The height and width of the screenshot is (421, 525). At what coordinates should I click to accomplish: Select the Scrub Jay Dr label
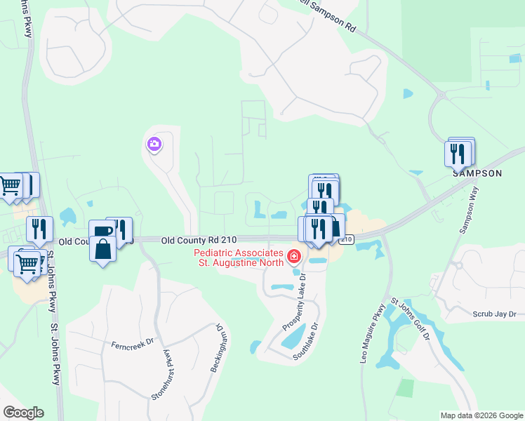[499, 314]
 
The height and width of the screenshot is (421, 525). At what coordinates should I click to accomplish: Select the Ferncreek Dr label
[131, 346]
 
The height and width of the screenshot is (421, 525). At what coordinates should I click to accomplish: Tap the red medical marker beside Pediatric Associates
[293, 258]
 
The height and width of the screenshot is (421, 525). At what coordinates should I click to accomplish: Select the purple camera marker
[154, 145]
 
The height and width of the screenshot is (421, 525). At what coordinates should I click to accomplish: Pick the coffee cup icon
[102, 232]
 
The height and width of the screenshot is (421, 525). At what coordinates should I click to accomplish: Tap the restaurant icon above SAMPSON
[458, 152]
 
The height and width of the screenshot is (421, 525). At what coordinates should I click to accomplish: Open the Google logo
[23, 413]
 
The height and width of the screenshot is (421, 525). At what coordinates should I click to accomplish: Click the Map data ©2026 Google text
[481, 415]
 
